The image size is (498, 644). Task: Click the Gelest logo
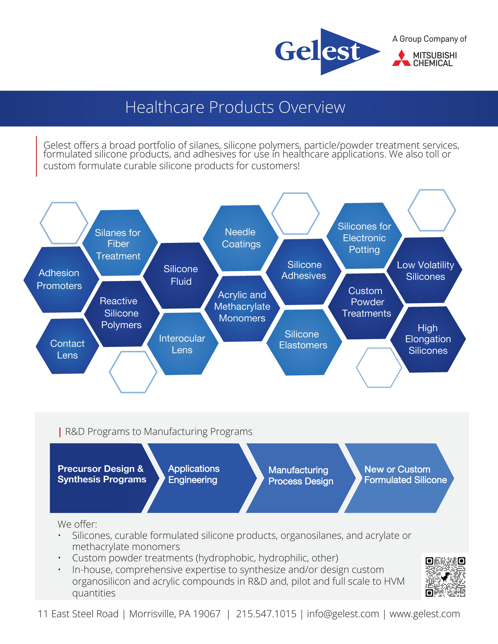pyautogui.click(x=328, y=52)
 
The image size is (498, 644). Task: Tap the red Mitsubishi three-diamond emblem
pyautogui.click(x=401, y=58)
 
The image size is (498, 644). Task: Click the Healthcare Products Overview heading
pyautogui.click(x=235, y=107)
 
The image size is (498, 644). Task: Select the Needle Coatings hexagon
pyautogui.click(x=241, y=238)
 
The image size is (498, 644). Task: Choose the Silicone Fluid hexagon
pyautogui.click(x=181, y=275)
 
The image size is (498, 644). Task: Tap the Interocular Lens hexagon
pyautogui.click(x=182, y=344)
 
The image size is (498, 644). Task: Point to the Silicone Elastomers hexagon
pyautogui.click(x=304, y=342)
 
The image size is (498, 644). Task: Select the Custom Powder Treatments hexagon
pyautogui.click(x=366, y=306)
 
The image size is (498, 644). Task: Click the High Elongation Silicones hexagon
pyautogui.click(x=428, y=339)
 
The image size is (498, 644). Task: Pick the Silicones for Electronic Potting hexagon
pyautogui.click(x=364, y=236)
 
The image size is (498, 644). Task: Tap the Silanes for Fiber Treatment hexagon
pyautogui.click(x=120, y=243)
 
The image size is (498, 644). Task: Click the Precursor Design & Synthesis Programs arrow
pyautogui.click(x=103, y=478)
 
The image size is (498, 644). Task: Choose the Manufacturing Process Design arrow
pyautogui.click(x=300, y=478)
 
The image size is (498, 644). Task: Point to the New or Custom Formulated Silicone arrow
pyautogui.click(x=399, y=478)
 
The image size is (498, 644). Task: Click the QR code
pyautogui.click(x=445, y=577)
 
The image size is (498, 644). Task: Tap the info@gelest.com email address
pyautogui.click(x=343, y=614)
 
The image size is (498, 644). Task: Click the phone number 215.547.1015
pyautogui.click(x=266, y=614)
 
